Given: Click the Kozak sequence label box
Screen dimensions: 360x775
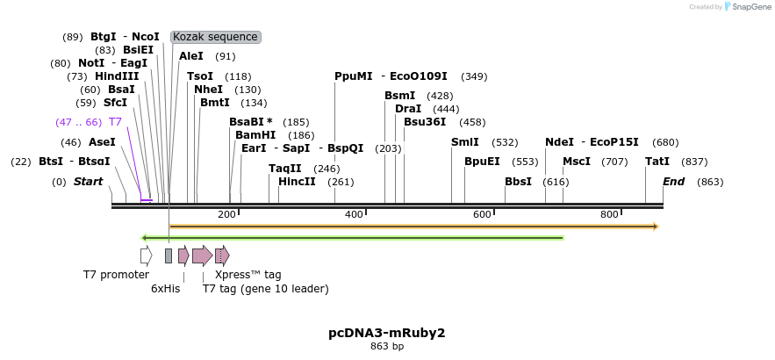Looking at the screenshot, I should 215,37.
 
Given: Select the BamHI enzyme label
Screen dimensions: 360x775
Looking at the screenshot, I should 255,135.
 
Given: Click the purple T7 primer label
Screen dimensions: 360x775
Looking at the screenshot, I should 115,122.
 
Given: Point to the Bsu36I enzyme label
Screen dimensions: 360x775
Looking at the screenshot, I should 425,122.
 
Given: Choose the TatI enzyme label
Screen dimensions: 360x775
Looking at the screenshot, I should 657,162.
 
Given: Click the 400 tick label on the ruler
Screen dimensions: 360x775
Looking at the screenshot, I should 354,215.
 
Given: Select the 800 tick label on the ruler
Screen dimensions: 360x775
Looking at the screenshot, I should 609,215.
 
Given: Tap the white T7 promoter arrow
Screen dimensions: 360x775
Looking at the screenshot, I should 147,256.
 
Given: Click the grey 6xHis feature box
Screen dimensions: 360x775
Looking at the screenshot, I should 169,256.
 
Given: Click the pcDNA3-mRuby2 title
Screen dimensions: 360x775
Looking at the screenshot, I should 387,333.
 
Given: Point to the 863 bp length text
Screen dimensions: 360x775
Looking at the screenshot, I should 387,347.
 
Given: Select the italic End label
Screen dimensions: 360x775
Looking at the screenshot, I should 673,182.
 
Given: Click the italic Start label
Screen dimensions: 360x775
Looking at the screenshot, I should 88,182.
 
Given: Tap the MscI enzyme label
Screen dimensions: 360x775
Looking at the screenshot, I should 577,162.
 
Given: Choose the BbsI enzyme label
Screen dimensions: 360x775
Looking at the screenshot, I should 518,182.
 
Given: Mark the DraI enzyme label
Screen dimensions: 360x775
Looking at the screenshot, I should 408,109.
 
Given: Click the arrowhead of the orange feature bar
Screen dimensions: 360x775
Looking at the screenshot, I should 655,227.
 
